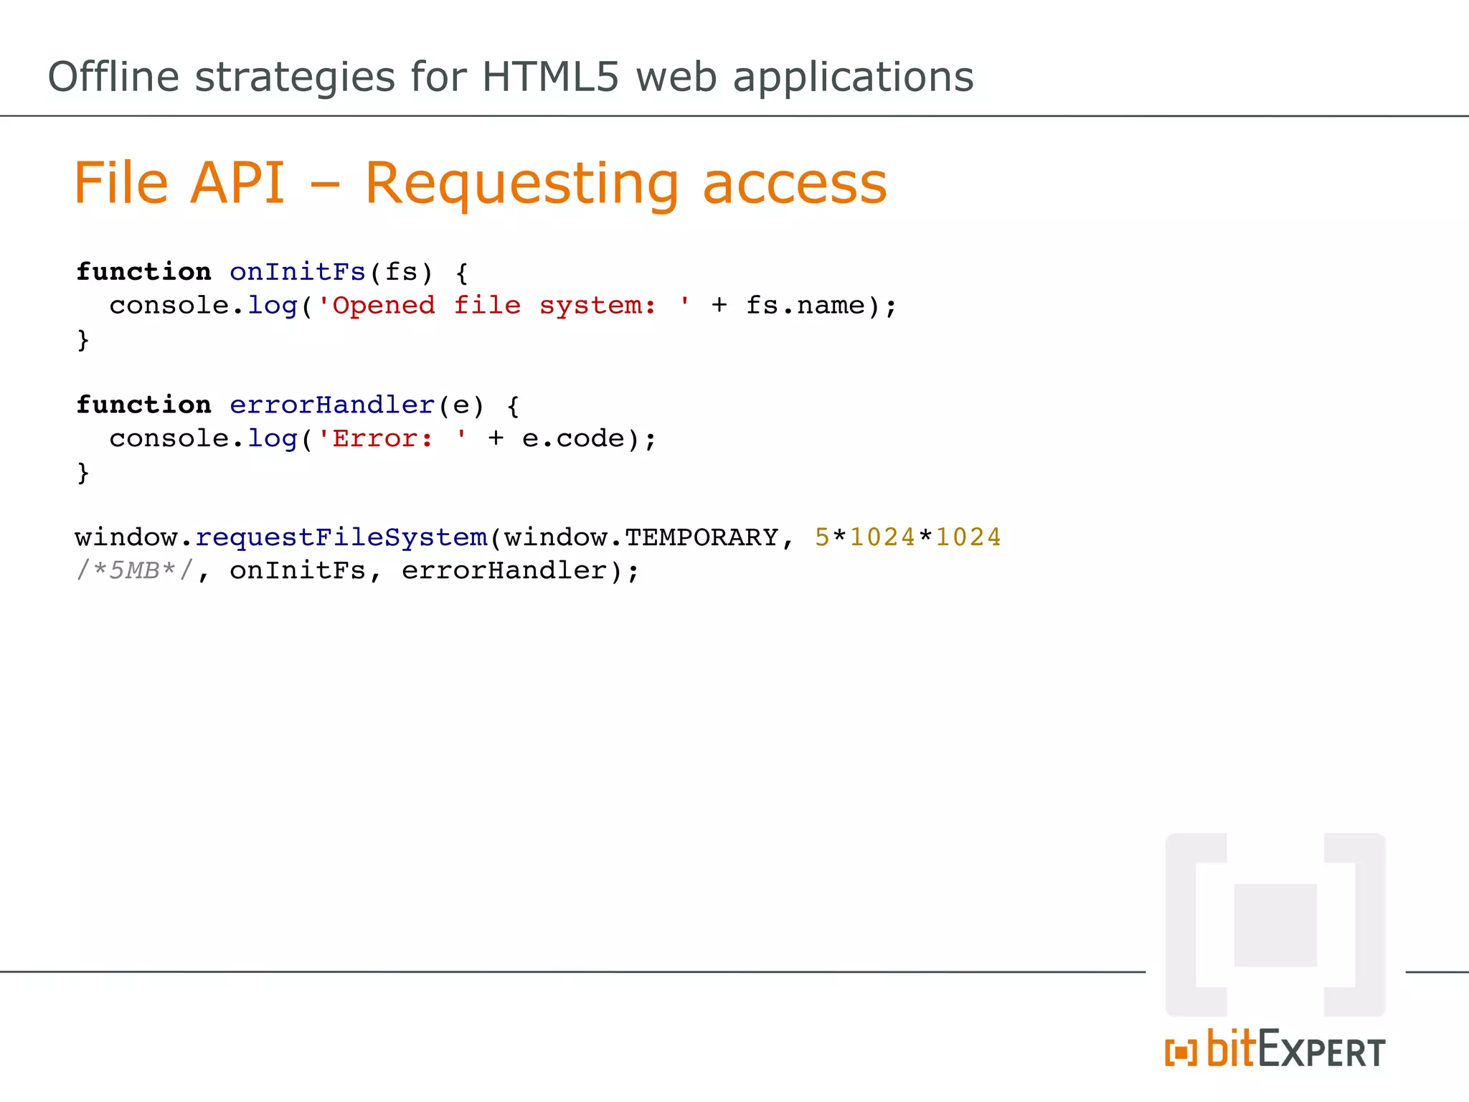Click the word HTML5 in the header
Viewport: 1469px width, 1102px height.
(x=550, y=77)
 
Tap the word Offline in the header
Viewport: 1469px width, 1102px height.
(x=113, y=77)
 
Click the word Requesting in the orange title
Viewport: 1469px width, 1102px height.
(x=521, y=184)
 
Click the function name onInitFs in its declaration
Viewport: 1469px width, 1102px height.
(x=298, y=272)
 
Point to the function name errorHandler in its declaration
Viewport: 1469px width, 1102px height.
(x=332, y=405)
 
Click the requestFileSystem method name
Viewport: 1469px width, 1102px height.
(x=341, y=537)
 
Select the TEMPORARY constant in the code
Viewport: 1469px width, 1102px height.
(x=702, y=537)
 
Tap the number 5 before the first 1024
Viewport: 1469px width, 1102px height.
(x=822, y=537)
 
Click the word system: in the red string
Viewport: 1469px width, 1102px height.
(x=597, y=306)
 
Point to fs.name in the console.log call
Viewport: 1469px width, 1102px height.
(x=806, y=306)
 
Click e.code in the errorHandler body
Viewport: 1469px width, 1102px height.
(x=574, y=438)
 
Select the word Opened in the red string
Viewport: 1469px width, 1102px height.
(x=383, y=306)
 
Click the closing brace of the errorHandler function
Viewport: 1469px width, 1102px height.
(x=83, y=472)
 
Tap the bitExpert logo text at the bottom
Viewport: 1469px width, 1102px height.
(x=1295, y=1050)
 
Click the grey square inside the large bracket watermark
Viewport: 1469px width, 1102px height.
(x=1275, y=925)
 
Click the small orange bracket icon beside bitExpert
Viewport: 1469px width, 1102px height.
(x=1181, y=1052)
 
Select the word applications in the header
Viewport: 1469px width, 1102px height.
(x=853, y=77)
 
